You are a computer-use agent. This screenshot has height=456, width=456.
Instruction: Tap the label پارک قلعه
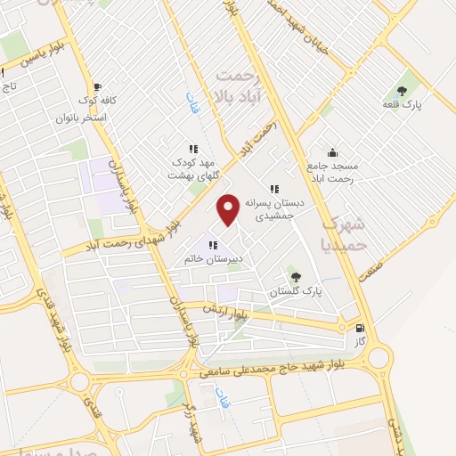coord(402,105)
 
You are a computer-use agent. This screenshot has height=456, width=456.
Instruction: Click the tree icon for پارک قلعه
coord(402,90)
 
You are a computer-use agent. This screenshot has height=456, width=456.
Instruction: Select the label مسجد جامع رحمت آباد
coord(332,173)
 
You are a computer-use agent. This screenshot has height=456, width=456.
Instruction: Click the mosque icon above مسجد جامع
coord(332,151)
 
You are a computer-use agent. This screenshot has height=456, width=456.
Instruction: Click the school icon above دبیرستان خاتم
coord(213,245)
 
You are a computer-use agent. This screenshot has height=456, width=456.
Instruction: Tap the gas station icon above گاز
coord(360,327)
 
